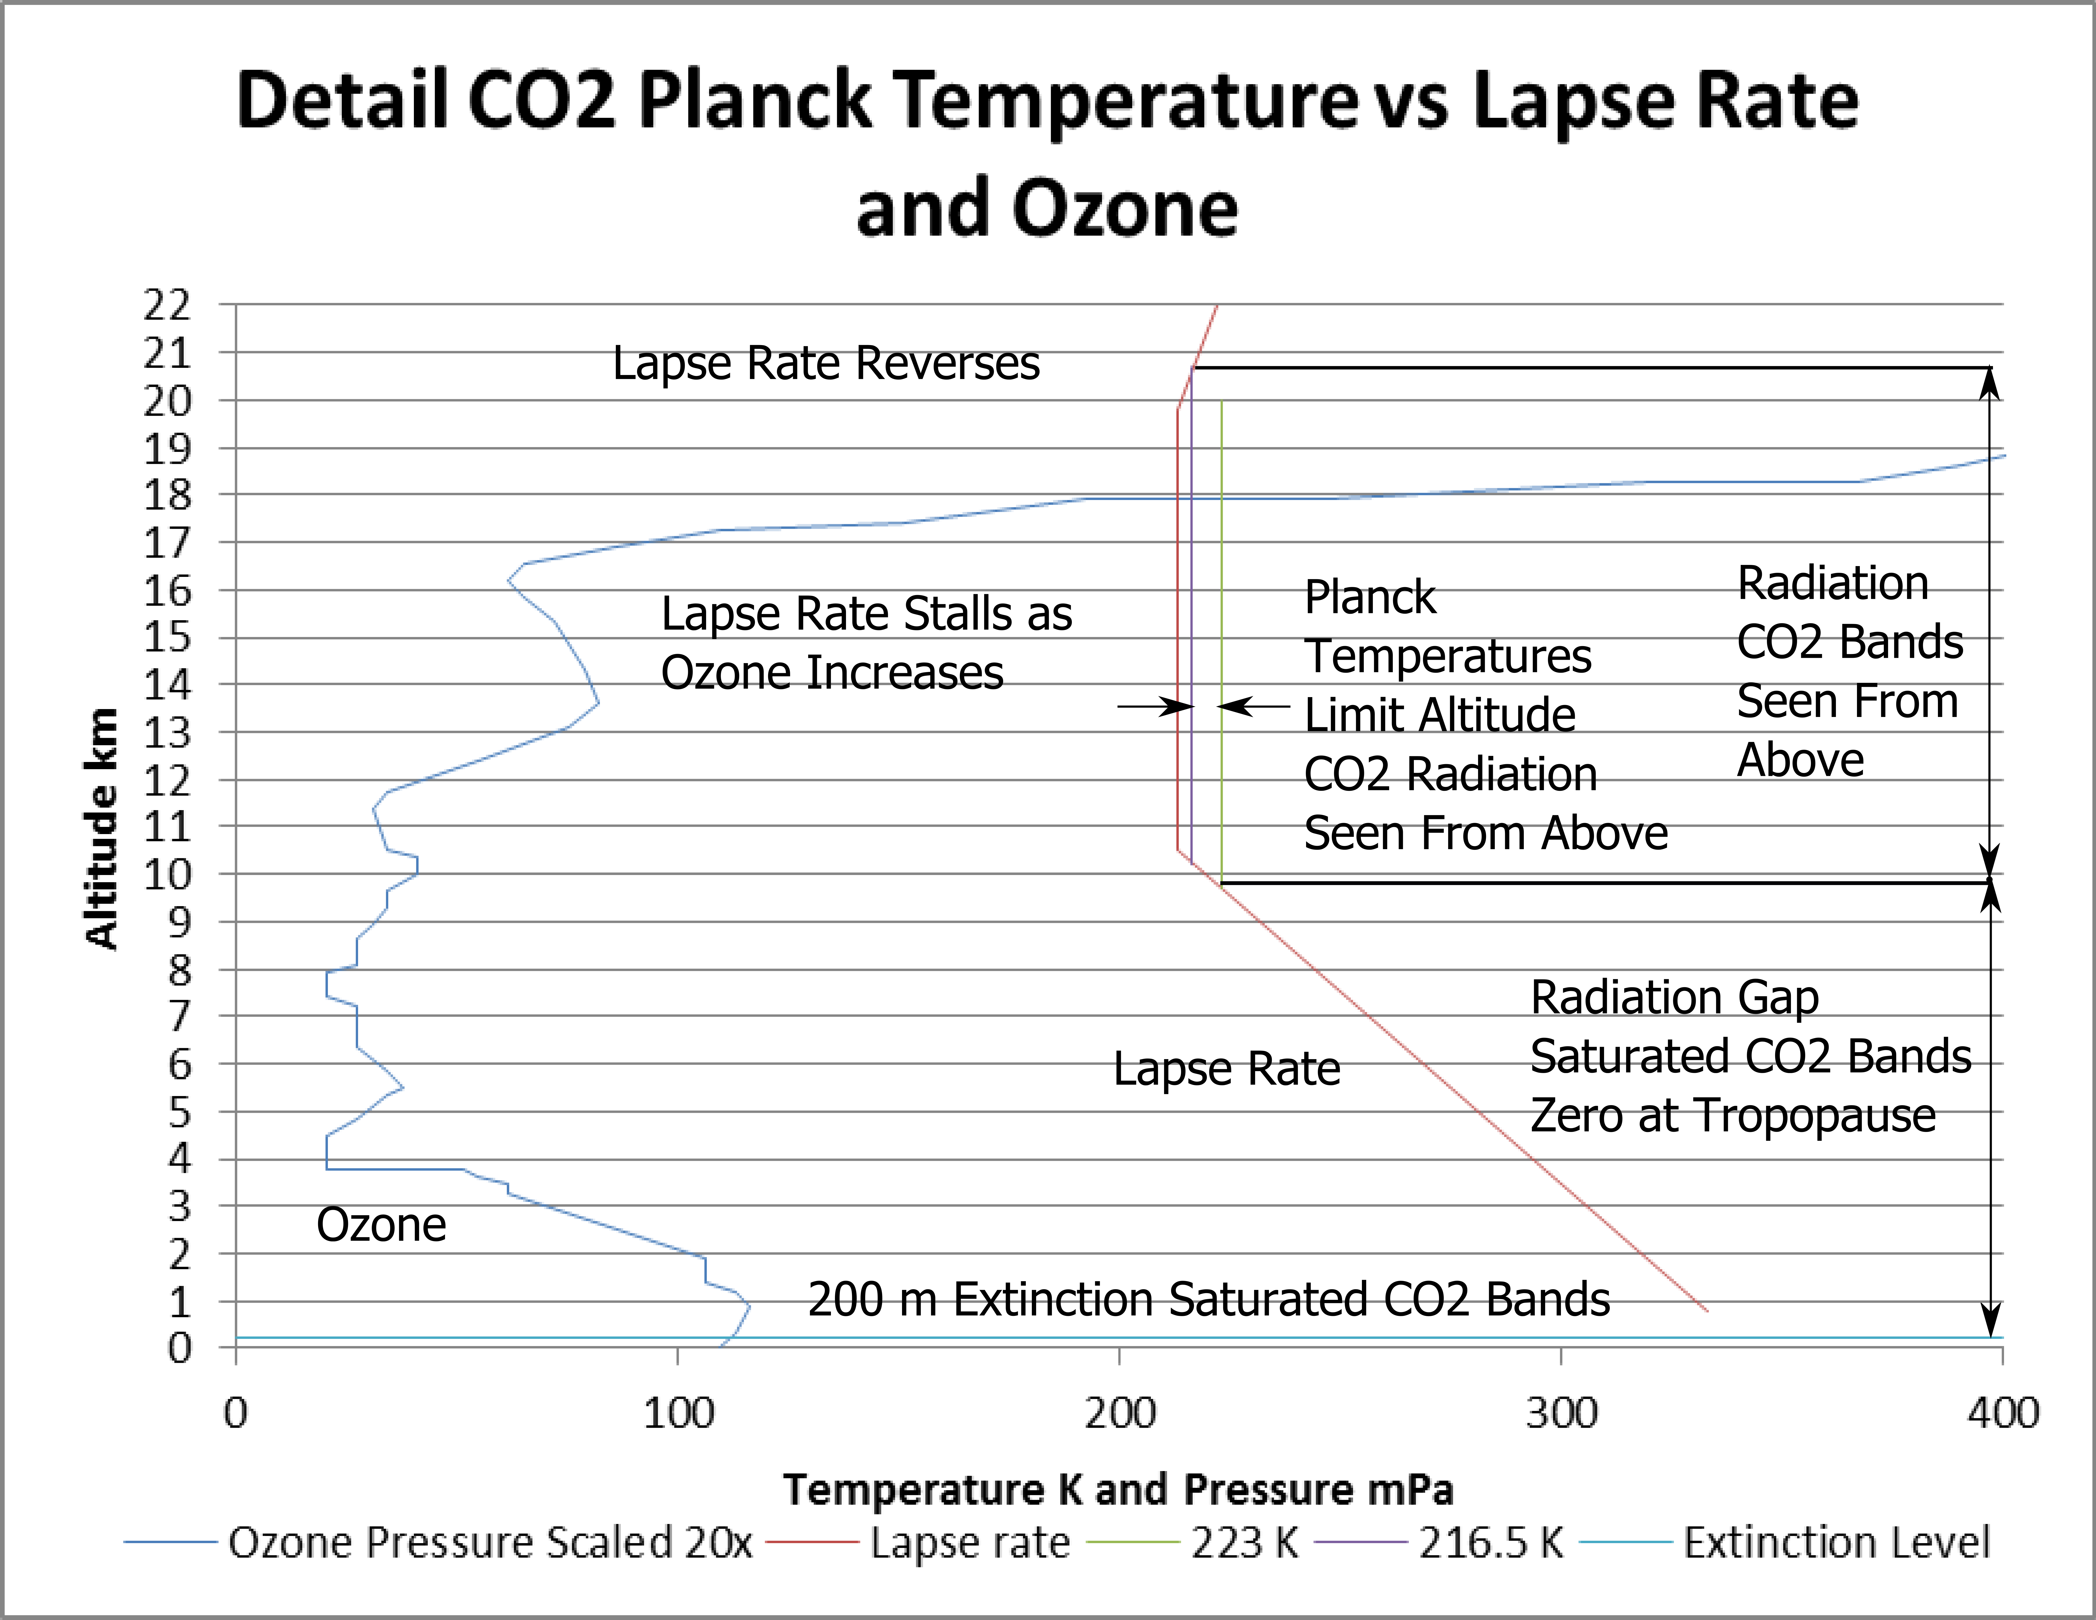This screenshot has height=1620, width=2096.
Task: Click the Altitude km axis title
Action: point(101,828)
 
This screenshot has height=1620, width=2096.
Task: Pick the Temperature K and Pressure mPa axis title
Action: point(1118,1489)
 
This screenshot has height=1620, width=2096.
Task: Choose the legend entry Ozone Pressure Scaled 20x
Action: point(490,1542)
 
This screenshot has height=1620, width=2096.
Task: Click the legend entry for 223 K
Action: point(1244,1542)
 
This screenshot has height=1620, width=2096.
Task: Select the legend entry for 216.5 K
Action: point(1491,1542)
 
